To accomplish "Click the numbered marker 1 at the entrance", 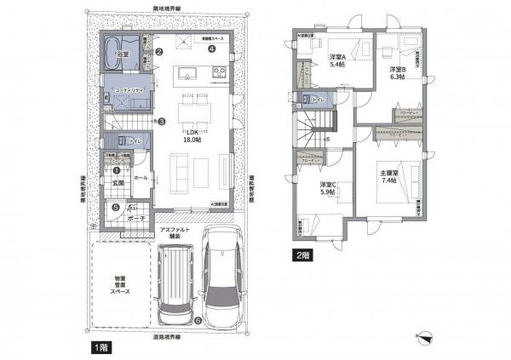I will point(116,171).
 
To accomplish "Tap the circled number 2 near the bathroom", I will point(159,51).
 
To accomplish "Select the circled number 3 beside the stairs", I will point(161,122).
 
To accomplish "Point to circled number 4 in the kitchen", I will point(210,49).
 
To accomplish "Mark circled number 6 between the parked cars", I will point(198,321).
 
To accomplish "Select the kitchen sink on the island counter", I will point(183,73).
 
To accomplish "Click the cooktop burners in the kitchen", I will point(217,74).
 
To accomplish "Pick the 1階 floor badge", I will point(99,348).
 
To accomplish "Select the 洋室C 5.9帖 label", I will point(328,189).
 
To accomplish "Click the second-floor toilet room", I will point(316,100).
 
